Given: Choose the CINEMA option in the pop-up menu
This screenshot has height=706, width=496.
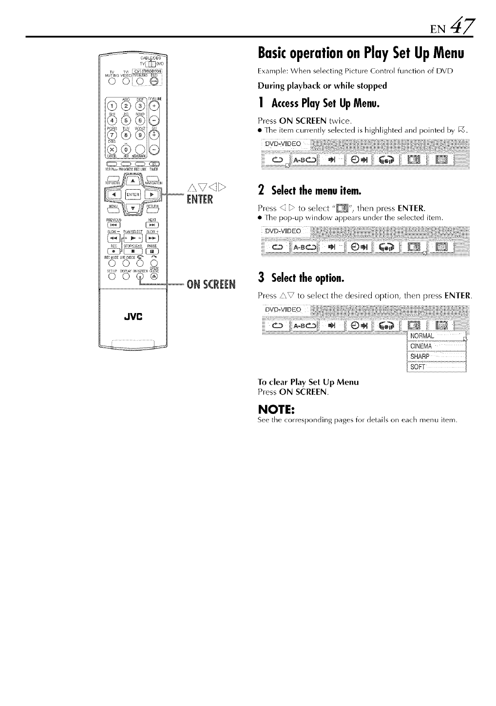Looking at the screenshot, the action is coord(421,347).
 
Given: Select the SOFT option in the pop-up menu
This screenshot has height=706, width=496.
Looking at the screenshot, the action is coord(418,367).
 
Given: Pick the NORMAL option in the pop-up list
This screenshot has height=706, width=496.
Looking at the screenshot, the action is coord(422,336).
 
